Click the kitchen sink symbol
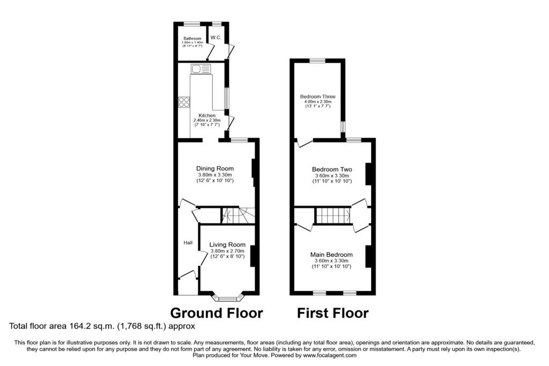[x=201, y=69]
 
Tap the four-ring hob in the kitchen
[x=184, y=102]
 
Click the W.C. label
[x=216, y=38]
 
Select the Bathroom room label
[x=192, y=39]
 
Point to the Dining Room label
[x=215, y=169]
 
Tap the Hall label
[x=188, y=243]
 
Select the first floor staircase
[x=333, y=215]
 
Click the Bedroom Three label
[x=317, y=96]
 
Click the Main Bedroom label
[x=331, y=255]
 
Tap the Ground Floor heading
[x=217, y=313]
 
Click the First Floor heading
[x=332, y=313]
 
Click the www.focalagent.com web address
[x=330, y=355]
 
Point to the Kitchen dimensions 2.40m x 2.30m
[x=207, y=121]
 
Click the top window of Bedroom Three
[x=317, y=61]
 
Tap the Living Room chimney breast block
[x=253, y=257]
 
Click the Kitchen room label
[x=207, y=115]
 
